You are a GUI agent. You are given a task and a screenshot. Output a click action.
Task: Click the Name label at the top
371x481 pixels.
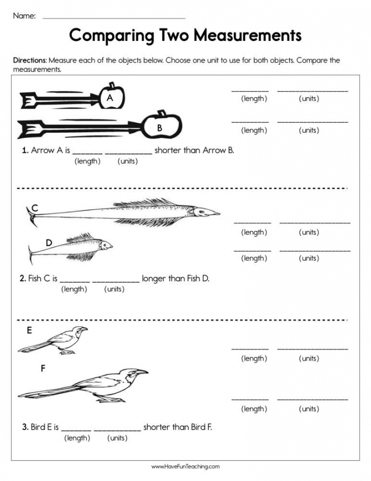[x=24, y=16]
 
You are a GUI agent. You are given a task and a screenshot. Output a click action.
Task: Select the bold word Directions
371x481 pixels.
[x=30, y=61]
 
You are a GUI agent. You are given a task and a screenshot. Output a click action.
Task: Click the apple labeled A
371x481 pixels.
[x=113, y=96]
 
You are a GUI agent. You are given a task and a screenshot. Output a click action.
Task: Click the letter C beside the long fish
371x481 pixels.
[x=35, y=208]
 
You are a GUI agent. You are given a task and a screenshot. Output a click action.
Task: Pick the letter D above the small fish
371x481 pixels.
[x=49, y=243]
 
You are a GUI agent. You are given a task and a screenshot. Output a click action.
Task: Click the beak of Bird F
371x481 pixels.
[x=143, y=373]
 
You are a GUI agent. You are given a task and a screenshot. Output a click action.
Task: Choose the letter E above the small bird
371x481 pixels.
[x=29, y=330]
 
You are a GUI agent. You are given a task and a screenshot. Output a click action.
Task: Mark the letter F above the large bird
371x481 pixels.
[x=43, y=368]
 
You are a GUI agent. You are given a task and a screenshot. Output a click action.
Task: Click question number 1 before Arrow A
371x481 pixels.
[x=25, y=150]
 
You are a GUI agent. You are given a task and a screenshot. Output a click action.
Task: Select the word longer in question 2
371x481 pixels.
[x=154, y=278]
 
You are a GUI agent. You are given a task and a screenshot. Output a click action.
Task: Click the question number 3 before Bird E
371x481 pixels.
[x=25, y=427]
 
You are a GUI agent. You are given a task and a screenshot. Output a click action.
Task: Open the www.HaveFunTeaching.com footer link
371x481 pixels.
[x=185, y=467]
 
